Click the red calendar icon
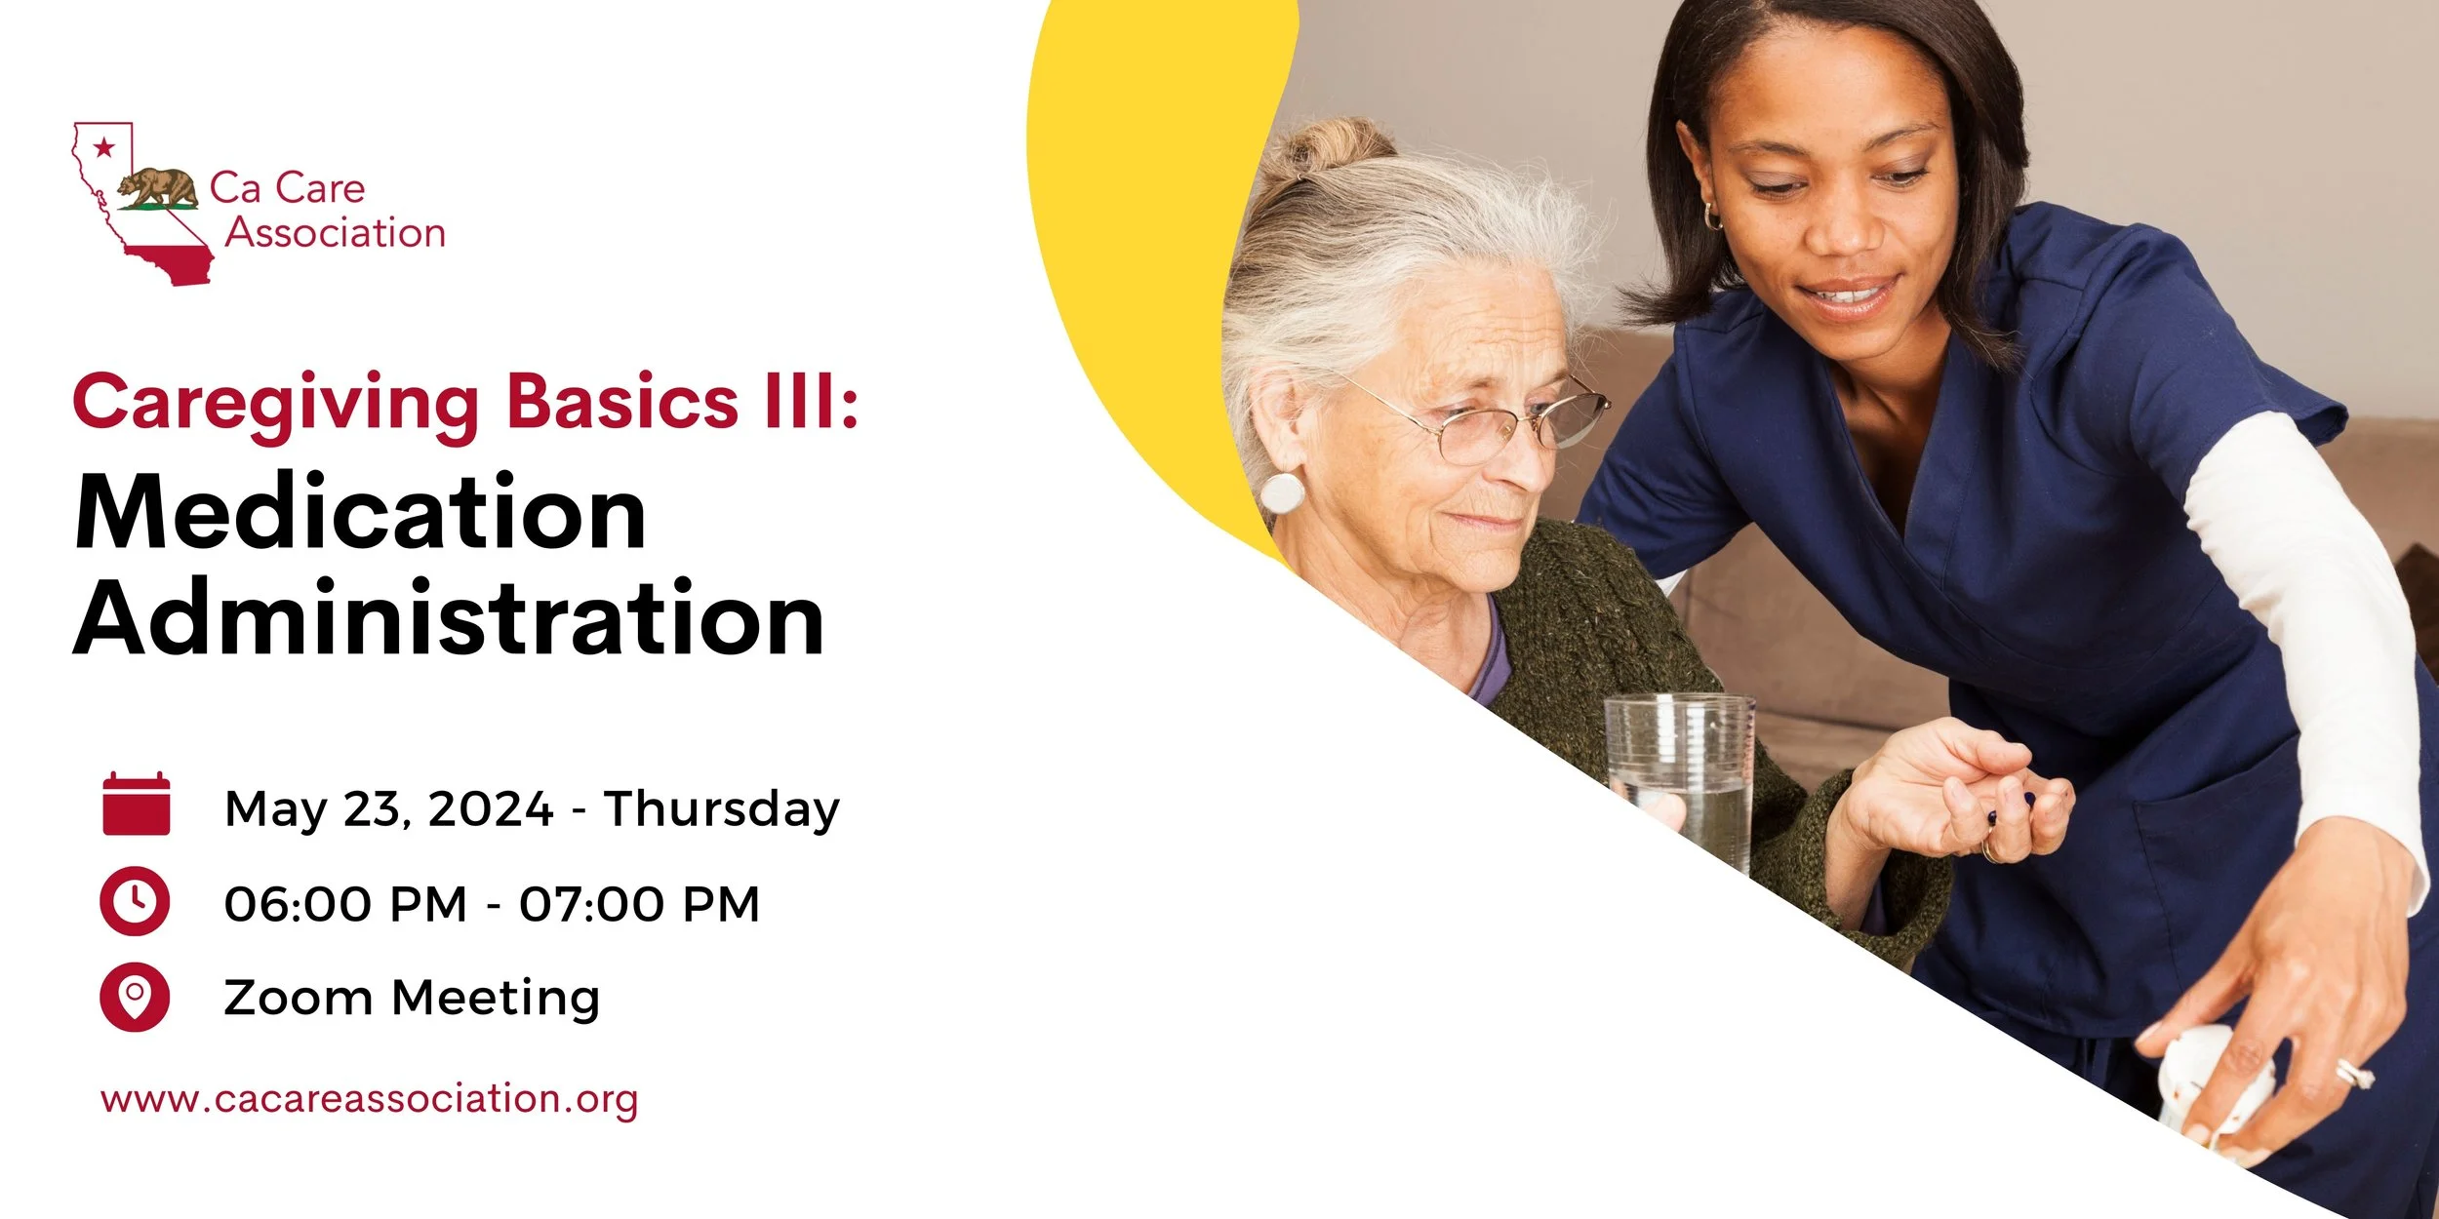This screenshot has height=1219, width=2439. tap(136, 805)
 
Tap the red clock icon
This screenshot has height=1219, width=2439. tap(135, 901)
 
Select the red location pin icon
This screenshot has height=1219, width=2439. tap(135, 997)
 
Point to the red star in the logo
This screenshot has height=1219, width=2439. tap(103, 148)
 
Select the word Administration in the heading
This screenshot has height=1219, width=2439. tap(449, 619)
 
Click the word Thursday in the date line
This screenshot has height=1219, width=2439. tap(721, 808)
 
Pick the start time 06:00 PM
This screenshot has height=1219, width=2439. tap(345, 904)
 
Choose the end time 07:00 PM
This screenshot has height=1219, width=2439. tap(639, 904)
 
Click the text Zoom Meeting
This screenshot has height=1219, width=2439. tap(411, 998)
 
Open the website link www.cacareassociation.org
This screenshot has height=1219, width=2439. tap(369, 1099)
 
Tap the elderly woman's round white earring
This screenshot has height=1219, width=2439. tap(1282, 492)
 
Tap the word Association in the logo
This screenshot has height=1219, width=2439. tap(336, 233)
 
